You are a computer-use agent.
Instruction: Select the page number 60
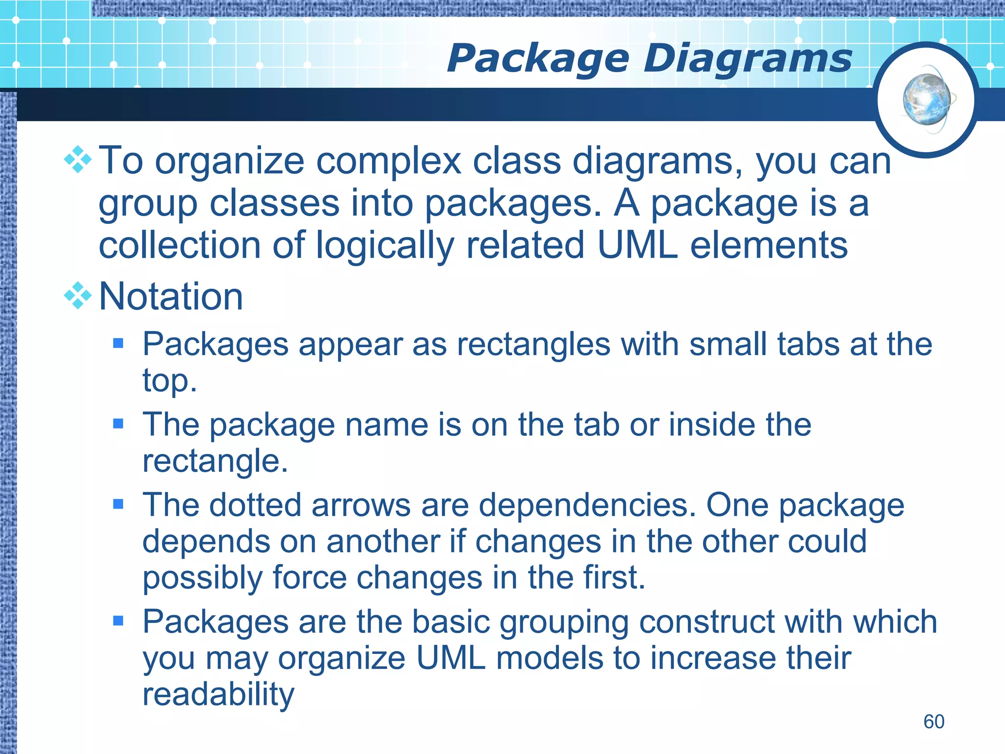point(933,722)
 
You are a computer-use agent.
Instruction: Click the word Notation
point(171,296)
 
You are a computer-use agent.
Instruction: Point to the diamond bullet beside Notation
point(78,296)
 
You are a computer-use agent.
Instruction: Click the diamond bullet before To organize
point(78,160)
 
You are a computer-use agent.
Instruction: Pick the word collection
point(180,245)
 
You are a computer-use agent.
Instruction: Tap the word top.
point(169,381)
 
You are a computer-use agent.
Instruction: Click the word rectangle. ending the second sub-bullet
point(214,461)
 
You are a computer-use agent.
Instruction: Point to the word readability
point(218,694)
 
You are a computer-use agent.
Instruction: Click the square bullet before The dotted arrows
point(118,504)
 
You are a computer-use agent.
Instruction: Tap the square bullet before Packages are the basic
point(118,621)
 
